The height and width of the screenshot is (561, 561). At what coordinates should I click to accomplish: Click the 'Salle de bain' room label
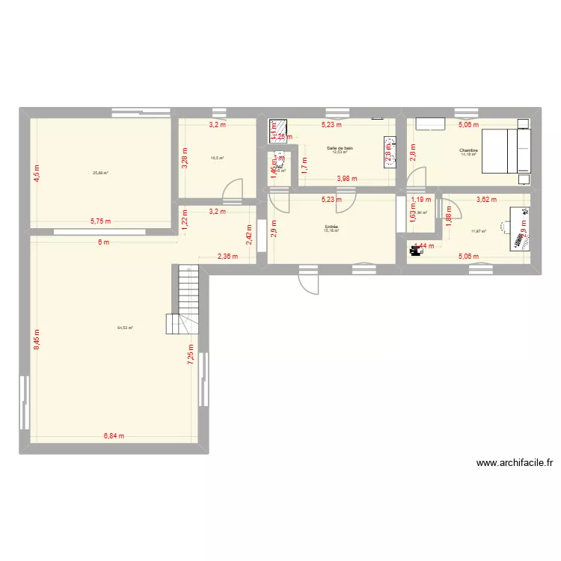[x=340, y=148]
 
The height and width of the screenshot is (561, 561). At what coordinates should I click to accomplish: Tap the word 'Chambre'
[x=469, y=150]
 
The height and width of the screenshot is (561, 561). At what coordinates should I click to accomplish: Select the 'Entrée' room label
[x=331, y=227]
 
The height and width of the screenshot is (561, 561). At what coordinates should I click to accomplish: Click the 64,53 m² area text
[x=125, y=328]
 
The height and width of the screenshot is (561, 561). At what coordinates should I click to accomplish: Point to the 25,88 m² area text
[x=100, y=173]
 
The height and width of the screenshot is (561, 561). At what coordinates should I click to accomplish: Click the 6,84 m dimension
[x=114, y=436]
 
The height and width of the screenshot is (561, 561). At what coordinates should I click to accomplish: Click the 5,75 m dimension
[x=100, y=221]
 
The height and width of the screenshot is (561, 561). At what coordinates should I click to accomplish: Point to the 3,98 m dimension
[x=347, y=179]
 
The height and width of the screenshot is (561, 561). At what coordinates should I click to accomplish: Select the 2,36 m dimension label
[x=227, y=257]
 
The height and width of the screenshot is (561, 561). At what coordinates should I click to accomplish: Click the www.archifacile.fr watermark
[x=514, y=463]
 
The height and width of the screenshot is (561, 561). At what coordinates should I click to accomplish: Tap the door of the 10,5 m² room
[x=236, y=188]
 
